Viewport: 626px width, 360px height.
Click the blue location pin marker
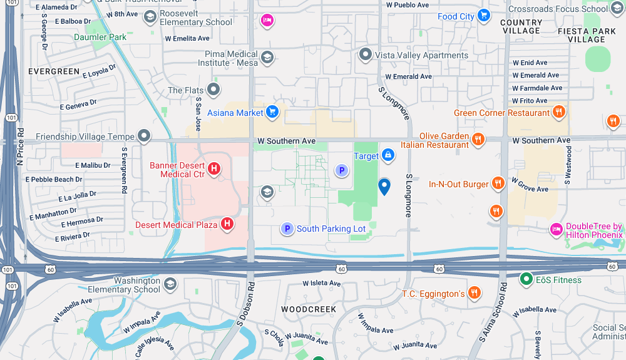click(x=384, y=186)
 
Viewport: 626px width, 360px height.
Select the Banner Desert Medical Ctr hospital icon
click(x=214, y=169)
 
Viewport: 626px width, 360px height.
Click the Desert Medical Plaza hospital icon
click(x=228, y=224)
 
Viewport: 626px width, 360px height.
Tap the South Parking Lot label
click(x=331, y=229)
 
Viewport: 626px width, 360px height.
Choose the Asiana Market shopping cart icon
click(x=272, y=112)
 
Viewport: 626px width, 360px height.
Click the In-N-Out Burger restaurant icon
click(x=498, y=183)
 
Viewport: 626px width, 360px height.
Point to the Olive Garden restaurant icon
click(x=479, y=140)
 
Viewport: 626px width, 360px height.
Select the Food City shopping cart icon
click(x=483, y=16)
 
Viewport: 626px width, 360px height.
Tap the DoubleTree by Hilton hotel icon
click(x=555, y=230)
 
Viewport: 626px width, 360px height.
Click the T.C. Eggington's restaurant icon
click(x=475, y=293)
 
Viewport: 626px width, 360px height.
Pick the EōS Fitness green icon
click(x=526, y=279)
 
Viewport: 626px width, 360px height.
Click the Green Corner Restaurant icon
click(x=559, y=113)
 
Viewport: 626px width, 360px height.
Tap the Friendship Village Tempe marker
click(x=145, y=136)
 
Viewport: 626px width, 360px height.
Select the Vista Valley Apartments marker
click(x=366, y=55)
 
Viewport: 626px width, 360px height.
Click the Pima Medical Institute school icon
click(x=267, y=58)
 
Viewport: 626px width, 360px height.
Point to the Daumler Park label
click(x=100, y=37)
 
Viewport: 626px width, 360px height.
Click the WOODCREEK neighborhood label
click(x=309, y=309)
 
